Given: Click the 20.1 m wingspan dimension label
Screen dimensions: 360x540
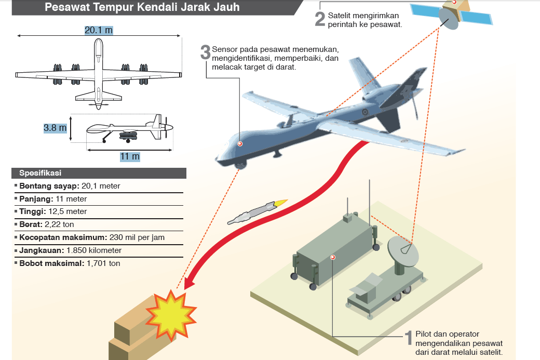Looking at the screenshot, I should point(99,31).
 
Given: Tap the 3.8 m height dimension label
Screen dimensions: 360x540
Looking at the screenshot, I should point(55,127).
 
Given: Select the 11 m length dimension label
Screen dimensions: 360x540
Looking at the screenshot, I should point(130,156).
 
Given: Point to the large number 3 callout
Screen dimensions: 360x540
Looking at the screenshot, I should point(206,52).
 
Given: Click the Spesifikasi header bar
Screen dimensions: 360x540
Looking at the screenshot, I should point(99,173).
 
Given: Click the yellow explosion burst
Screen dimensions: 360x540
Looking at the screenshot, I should point(171,315).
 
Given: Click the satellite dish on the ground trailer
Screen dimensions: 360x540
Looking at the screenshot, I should point(402,251).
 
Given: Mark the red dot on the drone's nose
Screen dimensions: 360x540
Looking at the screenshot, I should point(240,144).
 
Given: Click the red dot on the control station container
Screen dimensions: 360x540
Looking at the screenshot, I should point(333,257).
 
